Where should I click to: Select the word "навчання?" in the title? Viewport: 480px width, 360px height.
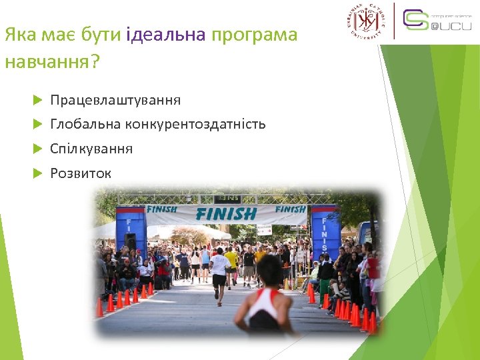click(52, 63)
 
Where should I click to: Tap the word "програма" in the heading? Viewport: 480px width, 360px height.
click(254, 35)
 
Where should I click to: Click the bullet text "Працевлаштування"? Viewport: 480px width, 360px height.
click(115, 100)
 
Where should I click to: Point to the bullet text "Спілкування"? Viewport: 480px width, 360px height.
click(91, 149)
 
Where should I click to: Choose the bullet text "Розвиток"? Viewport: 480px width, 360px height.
click(81, 173)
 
